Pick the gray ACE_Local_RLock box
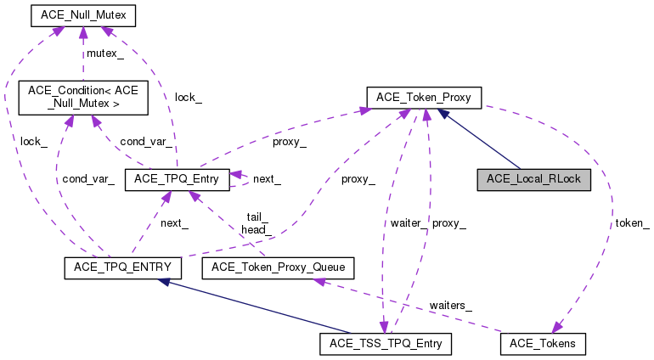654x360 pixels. (x=533, y=180)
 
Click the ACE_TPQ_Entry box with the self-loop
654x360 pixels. (x=177, y=179)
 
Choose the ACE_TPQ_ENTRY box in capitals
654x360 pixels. (x=123, y=268)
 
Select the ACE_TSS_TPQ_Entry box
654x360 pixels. (x=386, y=344)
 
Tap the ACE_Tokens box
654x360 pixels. (x=543, y=344)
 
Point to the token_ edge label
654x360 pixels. (x=632, y=223)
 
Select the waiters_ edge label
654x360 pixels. (x=450, y=304)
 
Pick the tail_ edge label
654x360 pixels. (x=257, y=217)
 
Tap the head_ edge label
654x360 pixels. (x=256, y=229)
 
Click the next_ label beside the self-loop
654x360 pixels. (x=266, y=180)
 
